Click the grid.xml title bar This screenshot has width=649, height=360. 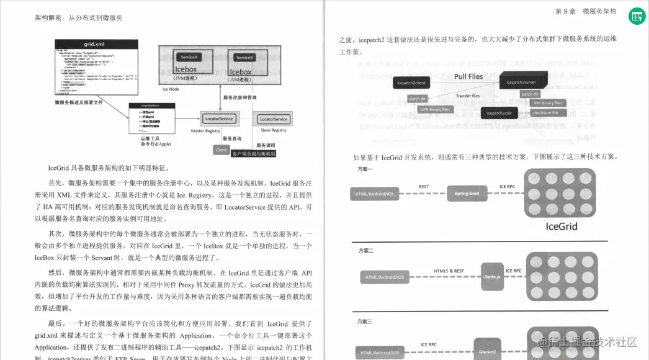(96, 43)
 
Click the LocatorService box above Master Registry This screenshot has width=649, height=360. (218, 119)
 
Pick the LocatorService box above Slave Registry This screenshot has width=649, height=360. (273, 119)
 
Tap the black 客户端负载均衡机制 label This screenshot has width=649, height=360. (253, 153)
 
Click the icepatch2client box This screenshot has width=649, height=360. (412, 82)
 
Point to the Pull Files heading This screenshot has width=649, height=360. (468, 76)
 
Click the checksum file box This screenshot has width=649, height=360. (545, 113)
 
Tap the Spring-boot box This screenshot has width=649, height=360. (467, 194)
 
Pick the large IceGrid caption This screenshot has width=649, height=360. (562, 227)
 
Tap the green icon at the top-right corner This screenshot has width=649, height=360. (636, 17)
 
